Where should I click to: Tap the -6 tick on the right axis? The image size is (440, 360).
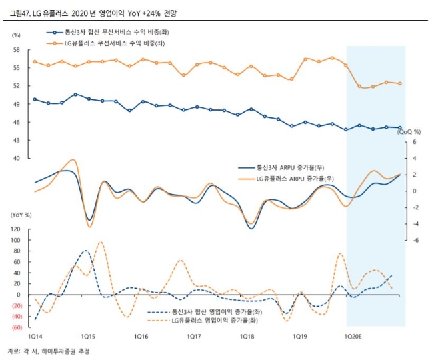[415, 240]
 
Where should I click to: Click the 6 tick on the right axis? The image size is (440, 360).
[415, 142]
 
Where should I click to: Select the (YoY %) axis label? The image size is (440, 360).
[21, 215]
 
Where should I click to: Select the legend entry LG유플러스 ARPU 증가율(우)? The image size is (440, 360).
[294, 179]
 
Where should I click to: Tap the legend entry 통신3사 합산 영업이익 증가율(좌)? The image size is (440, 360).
[214, 311]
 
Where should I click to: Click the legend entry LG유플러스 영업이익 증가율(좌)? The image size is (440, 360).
[217, 321]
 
